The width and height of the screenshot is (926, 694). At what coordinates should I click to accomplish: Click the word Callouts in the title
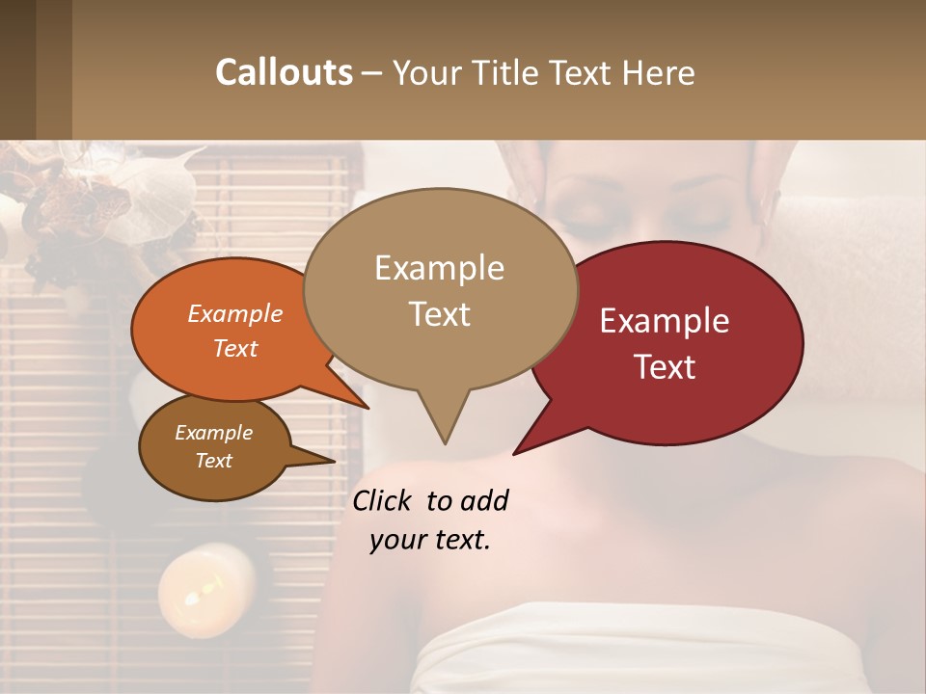[x=284, y=72]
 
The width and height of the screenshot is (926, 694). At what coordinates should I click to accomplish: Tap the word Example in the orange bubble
[x=235, y=313]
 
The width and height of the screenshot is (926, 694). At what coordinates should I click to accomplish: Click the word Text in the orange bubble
[x=235, y=348]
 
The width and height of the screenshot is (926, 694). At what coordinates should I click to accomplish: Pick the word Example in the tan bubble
[x=439, y=268]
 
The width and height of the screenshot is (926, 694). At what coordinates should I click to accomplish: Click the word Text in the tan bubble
[x=439, y=314]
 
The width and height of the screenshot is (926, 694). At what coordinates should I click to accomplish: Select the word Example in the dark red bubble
[x=665, y=321]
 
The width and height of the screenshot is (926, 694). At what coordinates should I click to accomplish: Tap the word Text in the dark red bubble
[x=665, y=367]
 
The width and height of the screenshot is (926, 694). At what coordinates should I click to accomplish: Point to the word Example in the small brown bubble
[x=214, y=433]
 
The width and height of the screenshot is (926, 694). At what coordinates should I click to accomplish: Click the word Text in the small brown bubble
[x=214, y=461]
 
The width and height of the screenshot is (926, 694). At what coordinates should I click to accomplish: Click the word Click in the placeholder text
[x=384, y=500]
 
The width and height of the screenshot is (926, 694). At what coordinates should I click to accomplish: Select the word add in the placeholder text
[x=483, y=500]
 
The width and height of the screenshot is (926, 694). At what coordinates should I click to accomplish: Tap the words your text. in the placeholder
[x=430, y=540]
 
